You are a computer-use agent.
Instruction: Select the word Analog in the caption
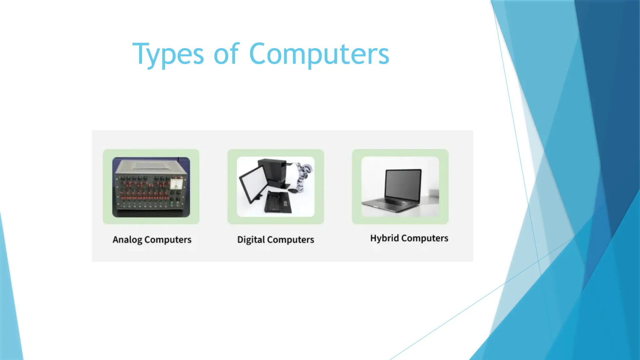pos(127,240)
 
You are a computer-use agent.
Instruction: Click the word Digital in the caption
pos(251,240)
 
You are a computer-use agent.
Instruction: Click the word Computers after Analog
pos(168,240)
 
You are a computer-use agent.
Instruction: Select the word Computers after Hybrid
pos(424,238)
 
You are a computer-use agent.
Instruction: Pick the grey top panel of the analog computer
pos(151,166)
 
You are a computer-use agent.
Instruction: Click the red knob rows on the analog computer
pos(144,191)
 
